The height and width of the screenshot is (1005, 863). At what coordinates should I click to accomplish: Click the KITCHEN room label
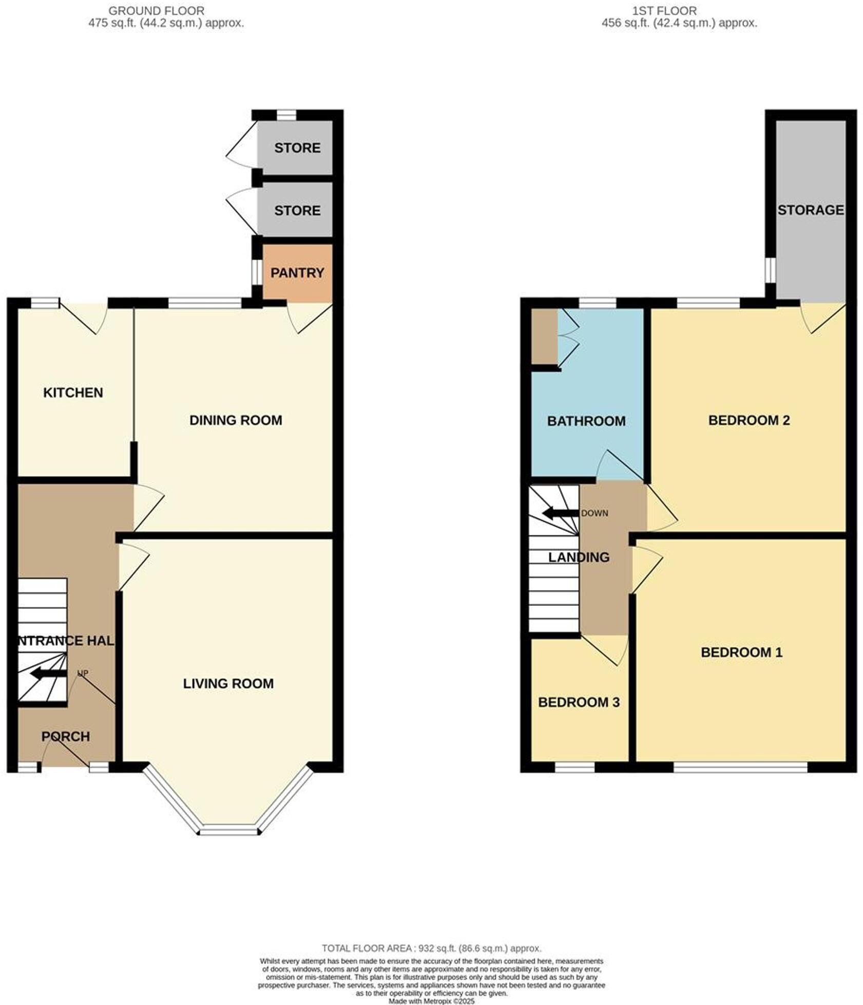pos(73,393)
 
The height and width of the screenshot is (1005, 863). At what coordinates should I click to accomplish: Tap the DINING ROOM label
pos(236,420)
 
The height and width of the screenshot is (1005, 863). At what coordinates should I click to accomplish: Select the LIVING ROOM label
pos(228,683)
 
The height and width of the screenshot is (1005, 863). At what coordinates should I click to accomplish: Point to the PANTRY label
pos(297,273)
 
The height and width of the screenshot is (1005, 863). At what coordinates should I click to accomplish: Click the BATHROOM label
pos(586,421)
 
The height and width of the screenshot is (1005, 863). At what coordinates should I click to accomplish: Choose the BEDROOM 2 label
pos(749,420)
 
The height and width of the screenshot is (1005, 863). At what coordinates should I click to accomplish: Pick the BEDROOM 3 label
pos(579,702)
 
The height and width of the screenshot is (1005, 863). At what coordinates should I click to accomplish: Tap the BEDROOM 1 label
pos(741,653)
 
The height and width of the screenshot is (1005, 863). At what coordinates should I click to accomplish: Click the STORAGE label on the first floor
pos(810,210)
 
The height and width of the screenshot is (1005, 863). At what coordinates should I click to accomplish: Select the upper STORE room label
pos(297,148)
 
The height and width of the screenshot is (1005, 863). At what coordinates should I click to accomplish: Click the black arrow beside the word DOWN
pos(561,513)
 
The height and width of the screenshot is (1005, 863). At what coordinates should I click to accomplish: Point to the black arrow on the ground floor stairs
pos(48,674)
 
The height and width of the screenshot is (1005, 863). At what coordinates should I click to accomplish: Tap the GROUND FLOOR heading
pos(156,10)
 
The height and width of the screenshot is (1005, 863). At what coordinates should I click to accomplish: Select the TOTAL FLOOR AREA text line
pos(431,948)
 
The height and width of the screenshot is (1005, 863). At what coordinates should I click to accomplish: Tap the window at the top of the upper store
pos(286,115)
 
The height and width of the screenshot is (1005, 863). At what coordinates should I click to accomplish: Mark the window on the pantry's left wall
pos(255,272)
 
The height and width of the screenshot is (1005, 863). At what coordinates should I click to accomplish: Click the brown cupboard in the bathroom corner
pos(544,336)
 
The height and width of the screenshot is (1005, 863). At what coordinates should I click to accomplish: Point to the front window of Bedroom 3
pos(574,768)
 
